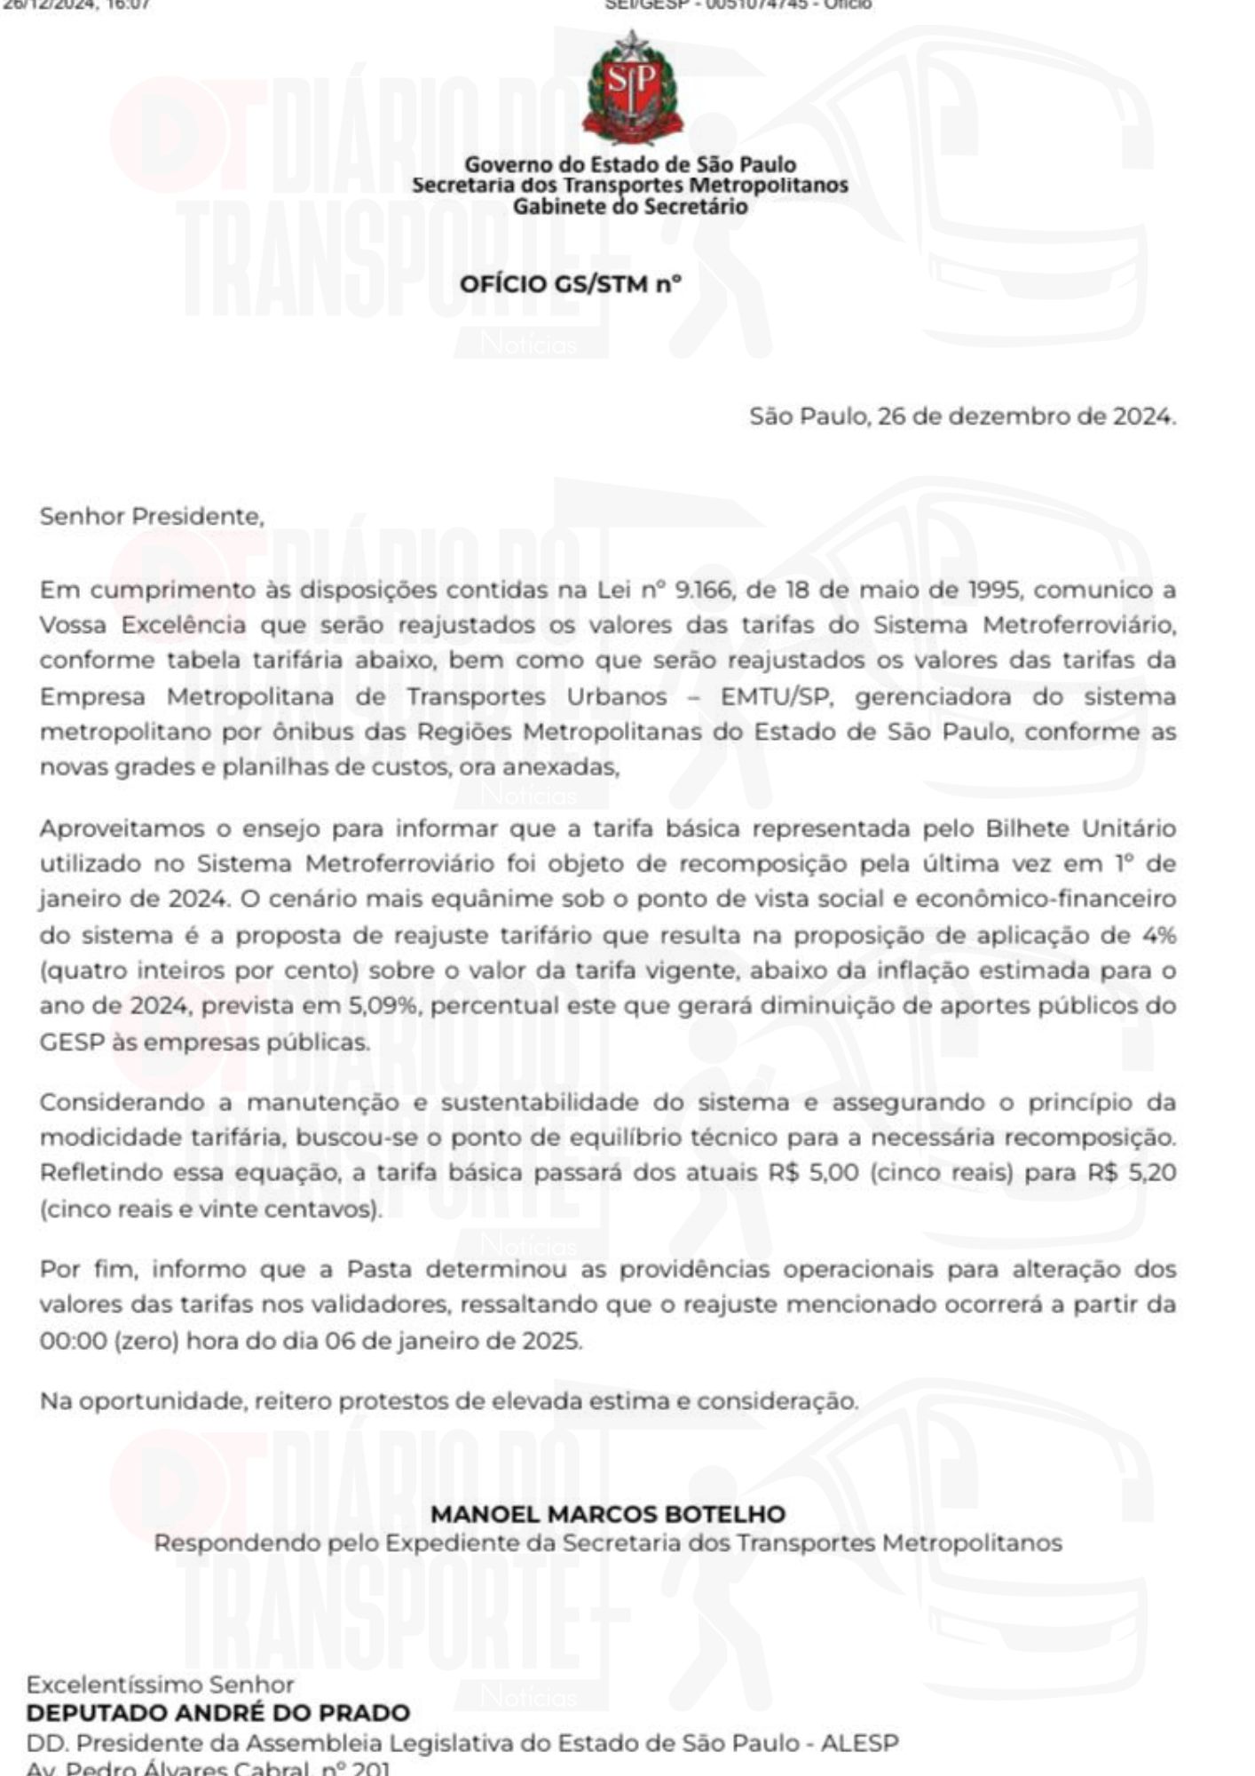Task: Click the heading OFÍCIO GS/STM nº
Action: [x=571, y=284]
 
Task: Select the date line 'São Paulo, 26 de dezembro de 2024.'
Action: [x=962, y=416]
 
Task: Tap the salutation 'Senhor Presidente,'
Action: [x=152, y=516]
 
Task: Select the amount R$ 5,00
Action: [x=814, y=1172]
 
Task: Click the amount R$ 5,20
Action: [x=1132, y=1172]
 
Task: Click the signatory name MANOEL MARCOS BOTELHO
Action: [x=608, y=1514]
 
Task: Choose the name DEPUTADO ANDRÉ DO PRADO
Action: [x=218, y=1713]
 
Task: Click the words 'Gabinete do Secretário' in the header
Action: [x=630, y=207]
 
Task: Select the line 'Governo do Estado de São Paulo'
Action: [x=630, y=164]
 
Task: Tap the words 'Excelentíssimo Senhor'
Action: [x=160, y=1685]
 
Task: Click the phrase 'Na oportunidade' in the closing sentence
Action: [x=141, y=1401]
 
